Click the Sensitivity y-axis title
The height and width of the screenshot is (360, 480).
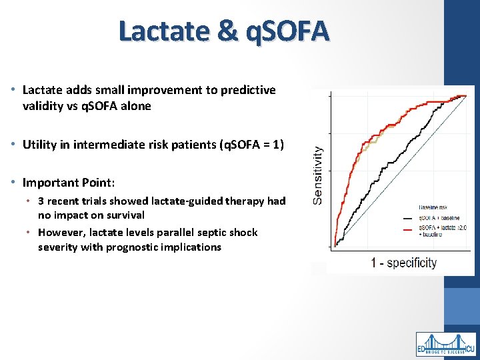pyautogui.click(x=319, y=175)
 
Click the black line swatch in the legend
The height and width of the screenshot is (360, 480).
pyautogui.click(x=407, y=218)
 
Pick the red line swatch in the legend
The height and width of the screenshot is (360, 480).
pyautogui.click(x=407, y=229)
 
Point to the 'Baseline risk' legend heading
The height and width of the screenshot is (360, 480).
pyautogui.click(x=434, y=208)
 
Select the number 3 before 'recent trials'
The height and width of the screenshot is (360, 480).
pyautogui.click(x=41, y=201)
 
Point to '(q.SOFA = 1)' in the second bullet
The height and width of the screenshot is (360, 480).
pyautogui.click(x=251, y=144)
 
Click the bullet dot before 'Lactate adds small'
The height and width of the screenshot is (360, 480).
pyautogui.click(x=13, y=90)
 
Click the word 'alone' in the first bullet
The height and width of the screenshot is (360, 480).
pyautogui.click(x=137, y=106)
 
